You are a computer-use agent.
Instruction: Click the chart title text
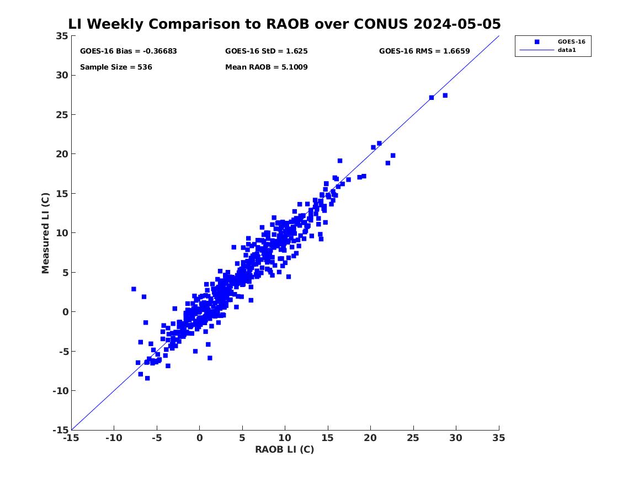(x=284, y=24)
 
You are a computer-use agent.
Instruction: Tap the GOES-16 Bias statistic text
(x=128, y=51)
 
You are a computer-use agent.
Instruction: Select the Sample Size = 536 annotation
(x=116, y=67)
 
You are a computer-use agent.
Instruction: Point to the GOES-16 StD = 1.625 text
(x=266, y=51)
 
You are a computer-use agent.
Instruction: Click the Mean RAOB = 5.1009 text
(x=266, y=67)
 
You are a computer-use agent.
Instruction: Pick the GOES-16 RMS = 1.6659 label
(x=424, y=51)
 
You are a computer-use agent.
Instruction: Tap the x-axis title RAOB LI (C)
(x=285, y=449)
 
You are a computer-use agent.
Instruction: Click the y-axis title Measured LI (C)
(x=45, y=233)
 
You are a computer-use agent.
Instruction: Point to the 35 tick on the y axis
(x=62, y=36)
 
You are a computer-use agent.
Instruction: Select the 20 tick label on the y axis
(x=62, y=154)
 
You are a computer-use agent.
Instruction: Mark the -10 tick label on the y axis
(x=60, y=391)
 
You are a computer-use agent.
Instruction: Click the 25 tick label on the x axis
(x=413, y=438)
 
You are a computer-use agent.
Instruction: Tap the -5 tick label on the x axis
(x=157, y=438)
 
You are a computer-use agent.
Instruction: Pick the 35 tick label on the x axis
(x=499, y=438)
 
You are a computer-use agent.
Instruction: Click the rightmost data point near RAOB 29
(x=445, y=95)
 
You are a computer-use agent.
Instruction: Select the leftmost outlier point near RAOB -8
(x=134, y=289)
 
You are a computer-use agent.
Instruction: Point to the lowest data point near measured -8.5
(x=147, y=378)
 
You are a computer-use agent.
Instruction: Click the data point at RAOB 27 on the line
(x=431, y=98)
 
